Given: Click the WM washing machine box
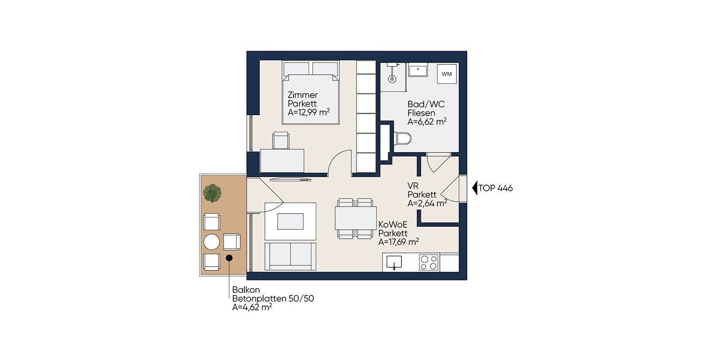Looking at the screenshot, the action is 447,74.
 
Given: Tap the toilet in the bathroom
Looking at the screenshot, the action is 402,139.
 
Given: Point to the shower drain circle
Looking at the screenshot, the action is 392,78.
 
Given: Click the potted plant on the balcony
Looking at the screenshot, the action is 212,193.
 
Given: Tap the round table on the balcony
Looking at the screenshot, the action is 211,242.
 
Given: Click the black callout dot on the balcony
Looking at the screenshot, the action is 229,258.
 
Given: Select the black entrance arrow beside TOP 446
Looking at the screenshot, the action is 475,188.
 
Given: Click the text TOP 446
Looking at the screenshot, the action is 495,188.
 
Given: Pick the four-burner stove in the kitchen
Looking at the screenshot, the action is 428,262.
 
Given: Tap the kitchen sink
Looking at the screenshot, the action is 394,262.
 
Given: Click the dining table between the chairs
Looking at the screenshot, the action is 356,218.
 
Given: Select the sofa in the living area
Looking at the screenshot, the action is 291,257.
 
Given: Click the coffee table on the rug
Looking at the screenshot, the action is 291,221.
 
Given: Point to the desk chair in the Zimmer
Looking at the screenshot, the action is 281,140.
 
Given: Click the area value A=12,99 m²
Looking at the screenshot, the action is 309,112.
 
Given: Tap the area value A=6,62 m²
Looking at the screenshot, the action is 427,121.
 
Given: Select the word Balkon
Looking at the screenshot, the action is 246,289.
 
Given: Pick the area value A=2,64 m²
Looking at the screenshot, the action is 427,203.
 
